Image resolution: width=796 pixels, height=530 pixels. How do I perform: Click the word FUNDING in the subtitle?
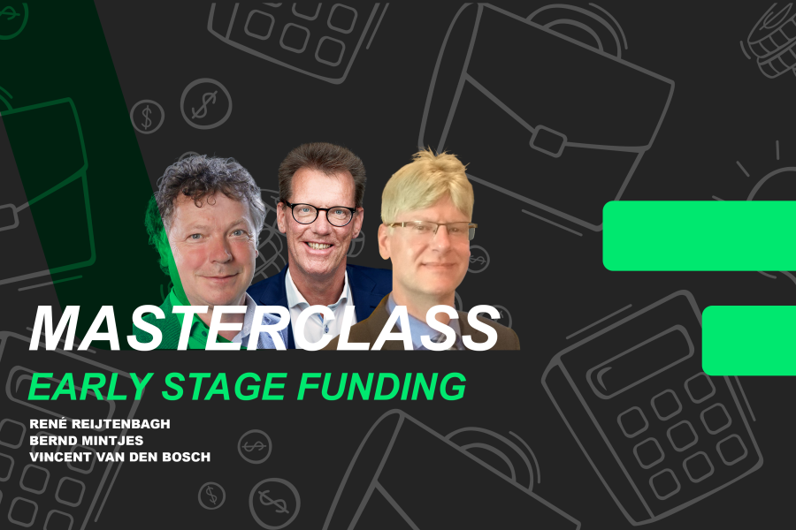(x=384, y=386)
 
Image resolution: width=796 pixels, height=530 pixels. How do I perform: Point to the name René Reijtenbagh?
(x=99, y=424)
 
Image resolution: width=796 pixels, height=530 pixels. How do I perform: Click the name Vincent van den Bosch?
(x=119, y=456)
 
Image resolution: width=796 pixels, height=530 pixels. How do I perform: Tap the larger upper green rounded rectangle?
(x=699, y=235)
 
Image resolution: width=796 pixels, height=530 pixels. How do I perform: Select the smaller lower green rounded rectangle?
(x=748, y=340)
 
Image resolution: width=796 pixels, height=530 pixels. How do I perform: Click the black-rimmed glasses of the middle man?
(x=319, y=213)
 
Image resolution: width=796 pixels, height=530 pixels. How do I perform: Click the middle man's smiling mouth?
(x=319, y=248)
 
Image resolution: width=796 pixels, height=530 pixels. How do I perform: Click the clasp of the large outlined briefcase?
(x=548, y=141)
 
